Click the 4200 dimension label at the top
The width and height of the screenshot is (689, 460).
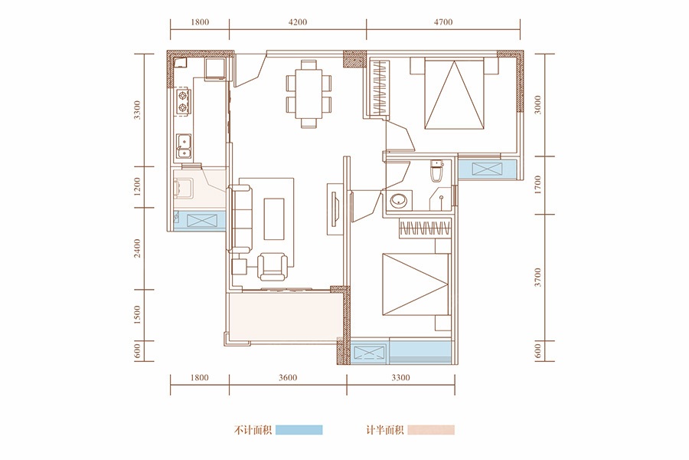click(x=298, y=22)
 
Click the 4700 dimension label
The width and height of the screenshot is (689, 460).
click(x=443, y=22)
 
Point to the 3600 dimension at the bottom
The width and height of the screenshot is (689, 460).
click(x=288, y=378)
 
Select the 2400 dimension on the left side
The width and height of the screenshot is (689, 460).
click(x=138, y=248)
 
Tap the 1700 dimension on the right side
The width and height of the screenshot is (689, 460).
click(x=538, y=185)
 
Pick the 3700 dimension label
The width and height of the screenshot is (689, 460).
click(x=538, y=278)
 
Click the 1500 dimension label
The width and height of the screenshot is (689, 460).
click(x=138, y=315)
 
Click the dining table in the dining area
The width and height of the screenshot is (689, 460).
click(x=309, y=94)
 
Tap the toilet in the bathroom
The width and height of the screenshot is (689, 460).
click(x=437, y=171)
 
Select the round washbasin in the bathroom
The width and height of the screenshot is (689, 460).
click(x=399, y=201)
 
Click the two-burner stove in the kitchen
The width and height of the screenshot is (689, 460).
click(x=182, y=101)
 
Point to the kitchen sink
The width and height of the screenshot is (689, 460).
click(x=184, y=146)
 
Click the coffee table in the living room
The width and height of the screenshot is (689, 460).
click(x=274, y=219)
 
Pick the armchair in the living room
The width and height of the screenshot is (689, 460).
click(x=273, y=266)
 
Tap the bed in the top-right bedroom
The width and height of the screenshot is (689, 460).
click(x=454, y=93)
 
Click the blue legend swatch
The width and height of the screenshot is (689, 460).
click(x=299, y=429)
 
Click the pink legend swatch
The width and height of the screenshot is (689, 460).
click(x=431, y=429)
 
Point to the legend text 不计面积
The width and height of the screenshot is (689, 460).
click(x=253, y=430)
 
